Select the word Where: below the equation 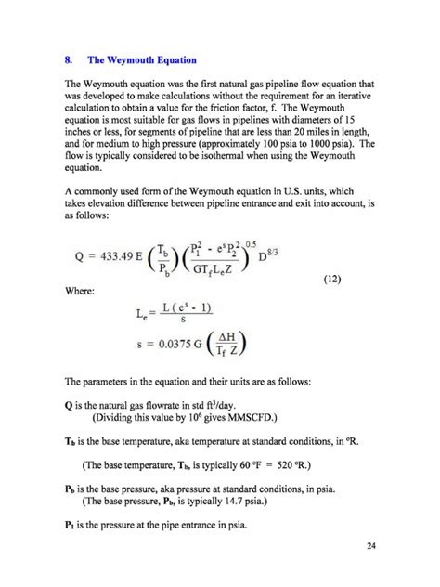[x=81, y=291]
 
